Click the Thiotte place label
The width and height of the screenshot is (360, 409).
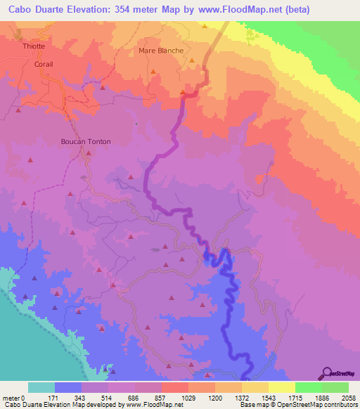[x=34, y=46]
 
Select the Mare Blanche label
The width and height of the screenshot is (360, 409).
[x=161, y=51]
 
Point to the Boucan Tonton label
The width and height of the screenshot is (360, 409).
[x=85, y=141]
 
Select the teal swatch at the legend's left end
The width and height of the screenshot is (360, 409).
[x=41, y=387]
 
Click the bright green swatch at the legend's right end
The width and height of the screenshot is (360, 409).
[x=335, y=387]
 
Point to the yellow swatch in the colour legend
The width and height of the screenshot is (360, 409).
[x=281, y=387]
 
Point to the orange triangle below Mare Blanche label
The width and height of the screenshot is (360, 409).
[x=192, y=60]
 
